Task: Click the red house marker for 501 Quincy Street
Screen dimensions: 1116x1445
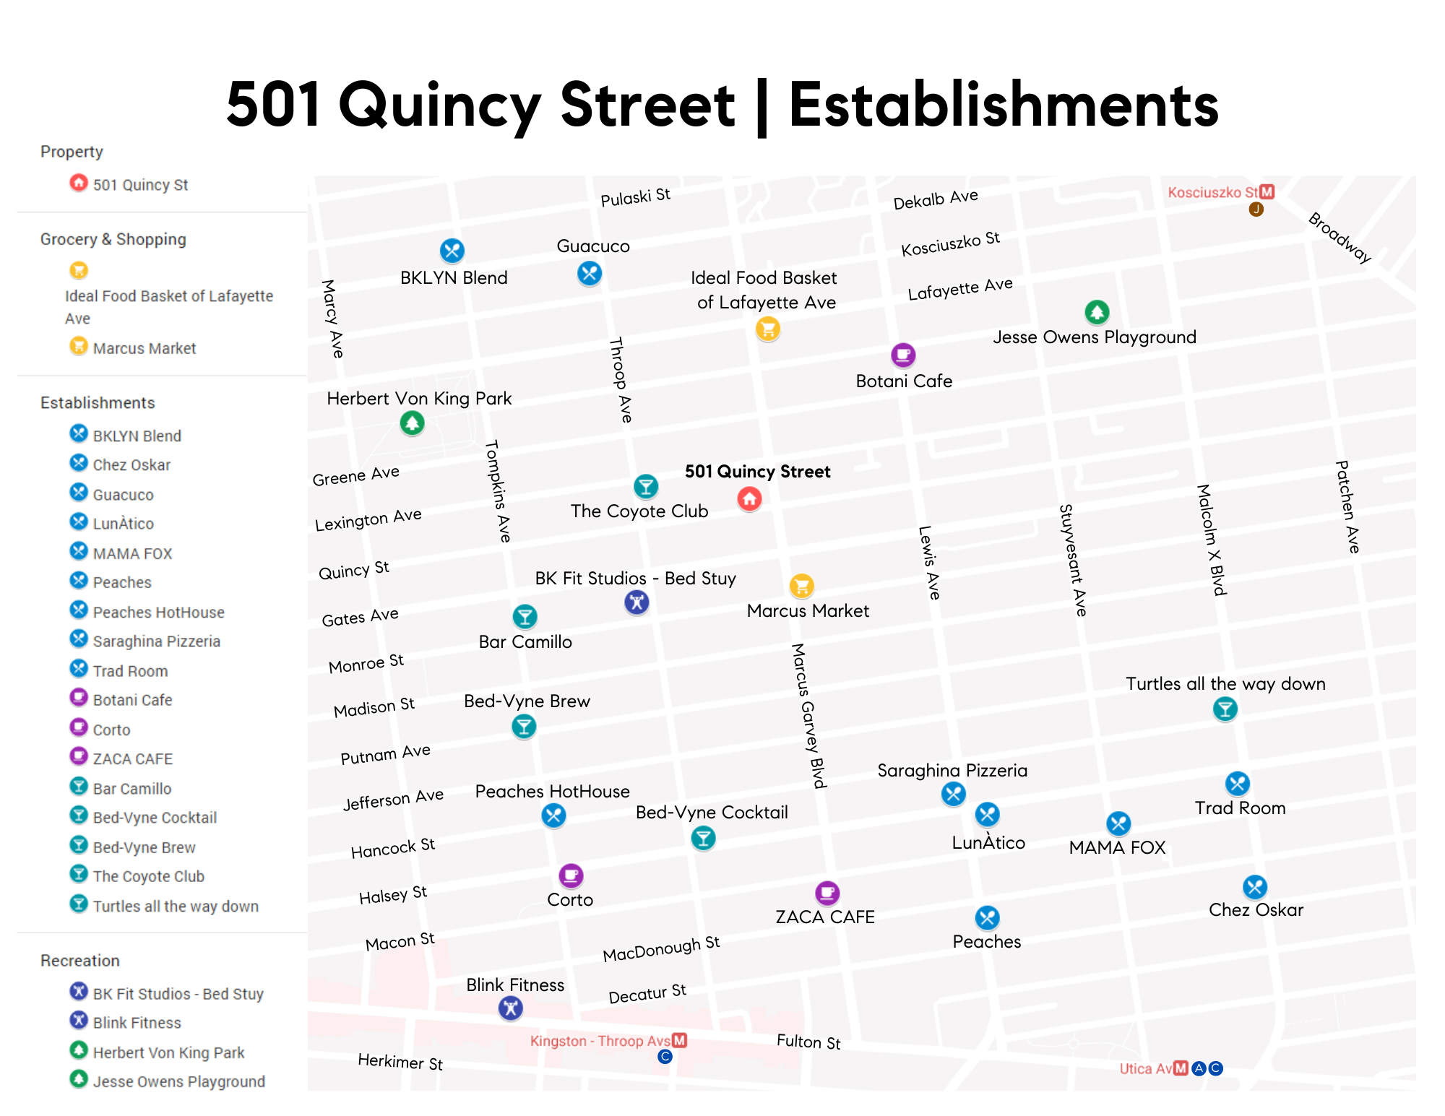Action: click(749, 498)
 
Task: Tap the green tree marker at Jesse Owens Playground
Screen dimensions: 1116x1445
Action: click(1097, 312)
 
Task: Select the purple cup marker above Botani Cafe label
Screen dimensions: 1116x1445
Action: click(903, 355)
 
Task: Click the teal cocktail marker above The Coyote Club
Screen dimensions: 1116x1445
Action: click(646, 486)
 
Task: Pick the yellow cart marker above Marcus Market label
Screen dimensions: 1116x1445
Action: click(801, 585)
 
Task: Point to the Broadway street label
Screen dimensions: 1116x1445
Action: click(1340, 238)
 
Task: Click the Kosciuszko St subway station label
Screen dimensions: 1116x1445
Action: click(1214, 192)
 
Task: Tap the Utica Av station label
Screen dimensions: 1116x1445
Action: click(1146, 1068)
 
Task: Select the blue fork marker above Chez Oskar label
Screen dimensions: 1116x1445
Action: click(1255, 886)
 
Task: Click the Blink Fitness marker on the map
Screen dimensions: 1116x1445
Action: click(511, 1008)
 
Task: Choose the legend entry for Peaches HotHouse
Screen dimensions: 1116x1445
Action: click(158, 612)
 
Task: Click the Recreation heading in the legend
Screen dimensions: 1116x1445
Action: click(80, 960)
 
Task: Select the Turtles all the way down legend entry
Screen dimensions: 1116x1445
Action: click(176, 906)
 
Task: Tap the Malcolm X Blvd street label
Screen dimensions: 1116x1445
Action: click(1212, 540)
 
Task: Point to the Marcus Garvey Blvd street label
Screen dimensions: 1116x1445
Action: click(808, 715)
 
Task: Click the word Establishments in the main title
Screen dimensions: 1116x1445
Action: click(1004, 105)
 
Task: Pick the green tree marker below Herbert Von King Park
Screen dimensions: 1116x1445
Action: click(413, 423)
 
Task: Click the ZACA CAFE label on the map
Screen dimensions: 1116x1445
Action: click(825, 917)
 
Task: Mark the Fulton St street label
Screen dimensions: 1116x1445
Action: click(808, 1041)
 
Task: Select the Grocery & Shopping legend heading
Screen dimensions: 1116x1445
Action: click(113, 239)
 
